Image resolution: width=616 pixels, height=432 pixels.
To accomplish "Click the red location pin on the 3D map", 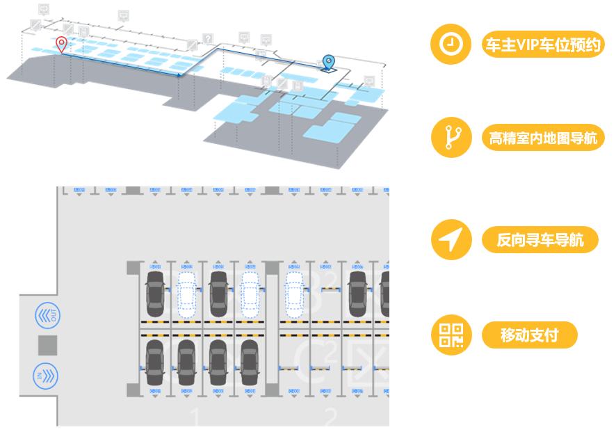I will [61, 45].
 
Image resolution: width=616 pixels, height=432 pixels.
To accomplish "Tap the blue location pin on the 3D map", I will [328, 63].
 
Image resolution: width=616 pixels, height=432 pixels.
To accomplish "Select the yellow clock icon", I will [451, 44].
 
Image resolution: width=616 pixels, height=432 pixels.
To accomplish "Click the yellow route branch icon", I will [451, 137].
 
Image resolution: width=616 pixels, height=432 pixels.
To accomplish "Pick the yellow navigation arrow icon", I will [451, 240].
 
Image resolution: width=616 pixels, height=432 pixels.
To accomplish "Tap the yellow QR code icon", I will [451, 335].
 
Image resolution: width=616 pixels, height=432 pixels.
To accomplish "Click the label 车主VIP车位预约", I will [543, 45].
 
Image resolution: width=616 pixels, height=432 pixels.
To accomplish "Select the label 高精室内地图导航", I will [543, 138].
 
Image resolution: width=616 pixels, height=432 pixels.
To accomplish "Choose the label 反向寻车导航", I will [540, 241].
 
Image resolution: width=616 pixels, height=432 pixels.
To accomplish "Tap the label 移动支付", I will [529, 336].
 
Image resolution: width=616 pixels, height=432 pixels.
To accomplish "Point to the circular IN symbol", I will [48, 376].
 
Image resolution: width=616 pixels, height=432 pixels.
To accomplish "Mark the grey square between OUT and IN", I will [48, 346].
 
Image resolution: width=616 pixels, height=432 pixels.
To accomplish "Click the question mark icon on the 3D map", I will [207, 38].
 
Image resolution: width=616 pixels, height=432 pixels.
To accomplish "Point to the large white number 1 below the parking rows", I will [195, 417].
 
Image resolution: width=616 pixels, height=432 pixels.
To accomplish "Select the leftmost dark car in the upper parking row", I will [154, 292].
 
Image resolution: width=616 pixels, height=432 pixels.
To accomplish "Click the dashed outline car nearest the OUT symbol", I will [186, 292].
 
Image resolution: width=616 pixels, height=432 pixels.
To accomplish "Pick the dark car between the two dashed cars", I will [218, 292].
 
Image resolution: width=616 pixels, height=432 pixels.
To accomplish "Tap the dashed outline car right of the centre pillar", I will [295, 292].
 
